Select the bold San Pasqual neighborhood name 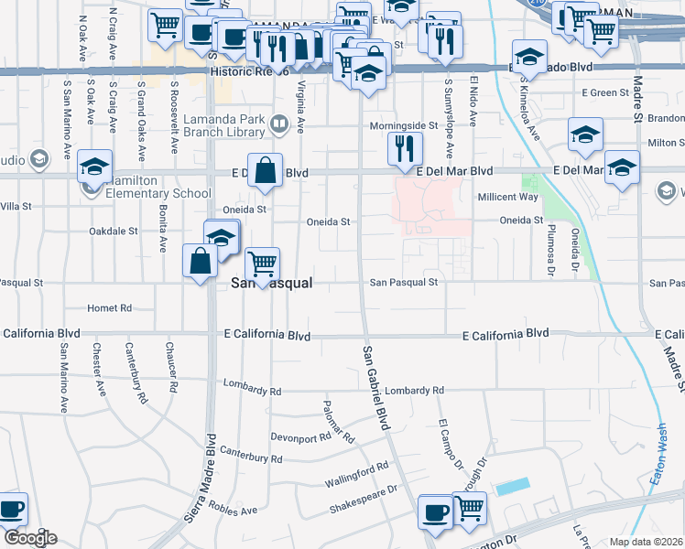(271, 284)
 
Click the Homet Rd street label (110, 308)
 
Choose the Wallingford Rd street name (356, 475)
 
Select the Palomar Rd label (338, 422)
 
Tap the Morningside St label (404, 125)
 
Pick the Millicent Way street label (508, 197)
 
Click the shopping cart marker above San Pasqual (263, 264)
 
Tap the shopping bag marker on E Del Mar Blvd (265, 170)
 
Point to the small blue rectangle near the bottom (513, 487)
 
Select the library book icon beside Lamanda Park (278, 122)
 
